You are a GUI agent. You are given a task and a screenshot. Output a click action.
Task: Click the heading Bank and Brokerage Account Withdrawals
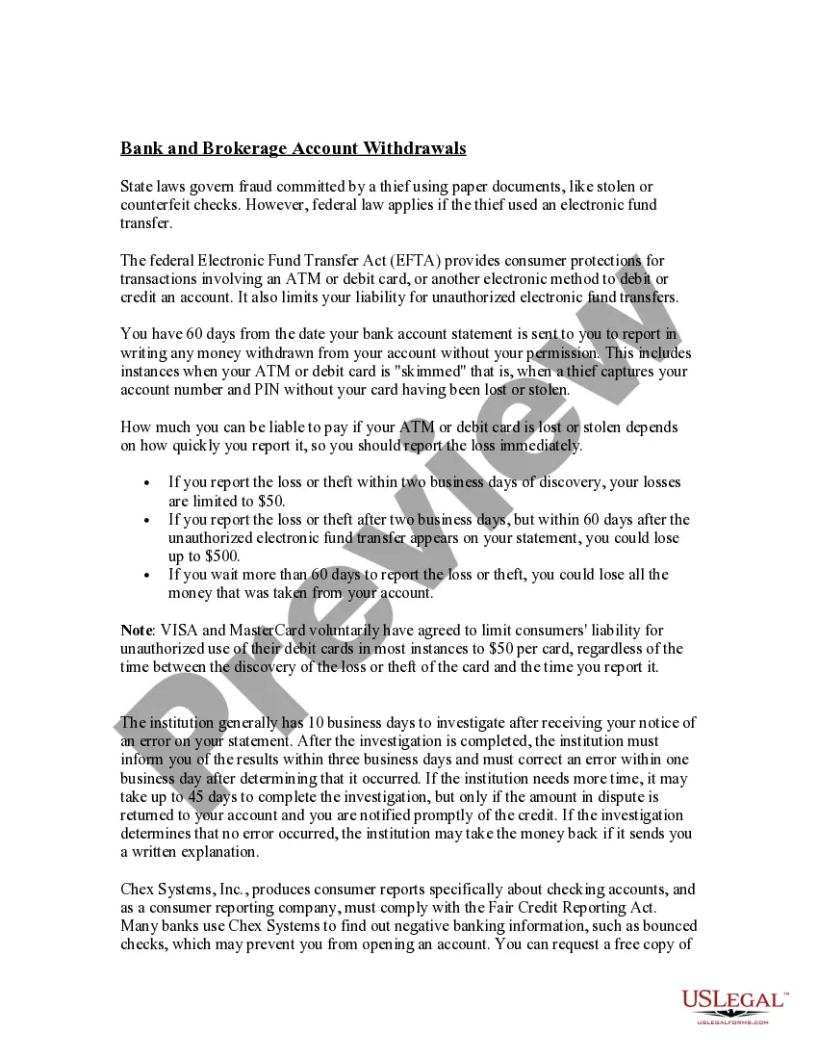coord(294,148)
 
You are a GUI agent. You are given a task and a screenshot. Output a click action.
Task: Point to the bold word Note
coord(136,631)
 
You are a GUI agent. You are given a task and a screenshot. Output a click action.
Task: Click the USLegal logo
coord(733,1001)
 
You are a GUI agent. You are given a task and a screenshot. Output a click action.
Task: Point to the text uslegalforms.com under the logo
coord(733,1021)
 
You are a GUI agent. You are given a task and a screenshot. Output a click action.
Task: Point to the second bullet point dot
coord(146,521)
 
